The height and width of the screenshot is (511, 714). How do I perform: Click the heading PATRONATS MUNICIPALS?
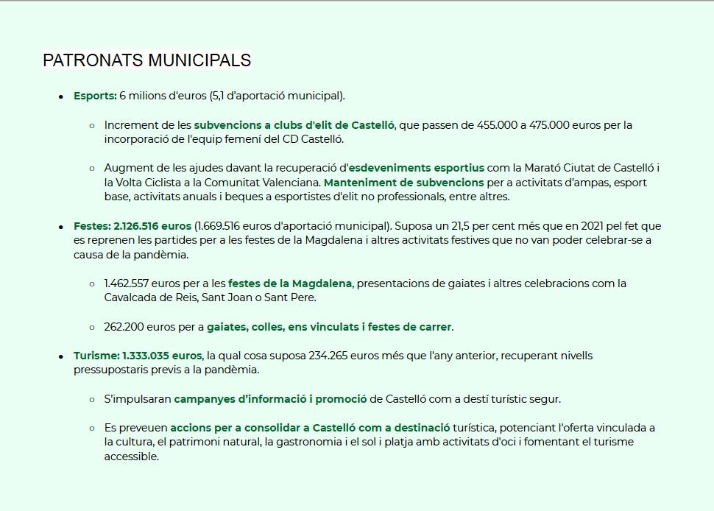point(146,60)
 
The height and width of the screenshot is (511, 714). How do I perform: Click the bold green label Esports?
point(95,96)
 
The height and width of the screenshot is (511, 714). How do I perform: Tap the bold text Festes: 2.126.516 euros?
point(132,226)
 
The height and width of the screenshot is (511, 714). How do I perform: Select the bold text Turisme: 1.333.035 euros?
point(138,356)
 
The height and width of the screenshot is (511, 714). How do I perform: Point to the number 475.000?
point(549,125)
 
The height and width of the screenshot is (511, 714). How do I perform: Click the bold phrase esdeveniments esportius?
point(416,168)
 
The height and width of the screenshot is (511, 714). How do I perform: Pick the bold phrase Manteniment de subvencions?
point(403,183)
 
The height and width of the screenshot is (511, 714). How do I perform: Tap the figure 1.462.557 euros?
point(144,283)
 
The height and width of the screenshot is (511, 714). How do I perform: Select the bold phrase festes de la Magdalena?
point(290,283)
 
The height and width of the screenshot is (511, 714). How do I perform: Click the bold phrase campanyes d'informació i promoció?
point(270,399)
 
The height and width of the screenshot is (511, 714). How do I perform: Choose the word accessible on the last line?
point(131,457)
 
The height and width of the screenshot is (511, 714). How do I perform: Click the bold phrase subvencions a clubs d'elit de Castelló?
point(294,125)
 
